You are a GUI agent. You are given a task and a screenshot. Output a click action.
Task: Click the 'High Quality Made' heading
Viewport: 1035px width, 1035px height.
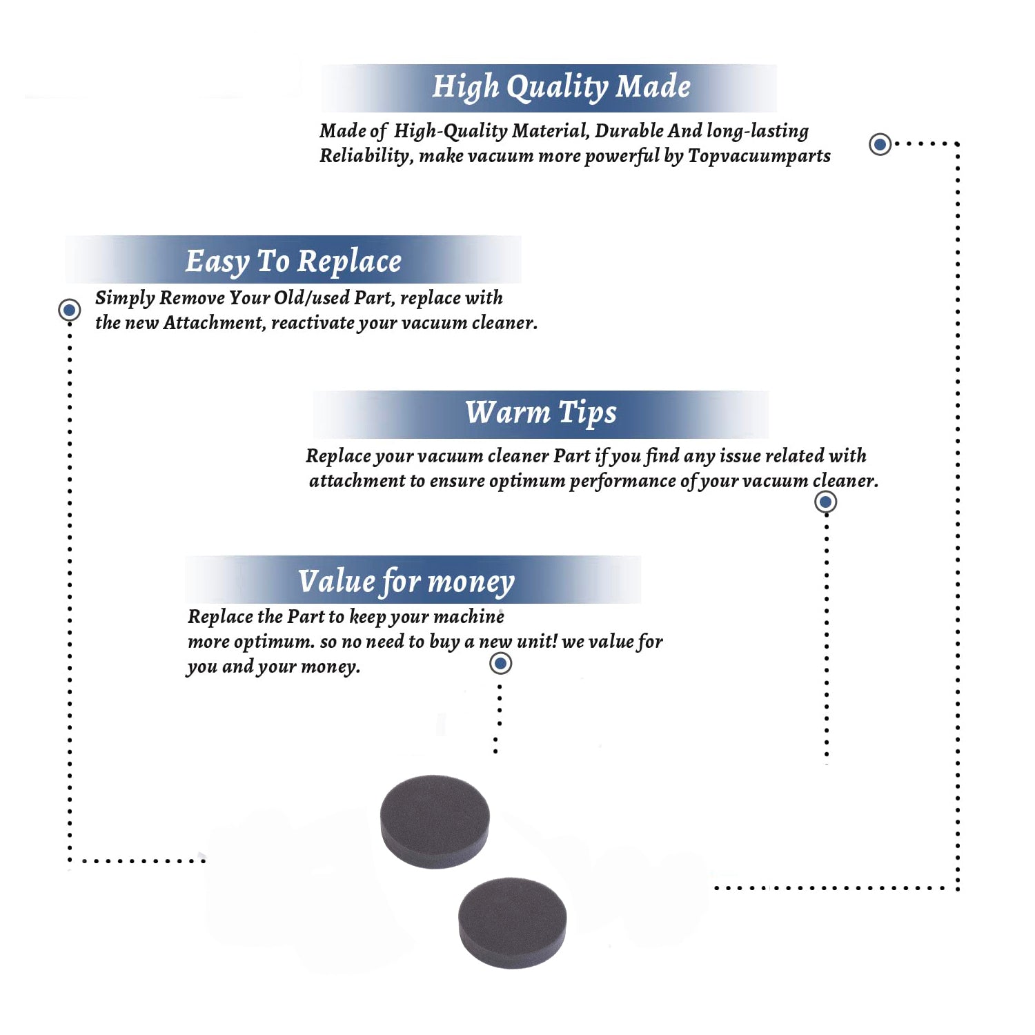pyautogui.click(x=561, y=88)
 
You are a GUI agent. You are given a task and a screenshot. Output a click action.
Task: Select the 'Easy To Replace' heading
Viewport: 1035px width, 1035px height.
pyautogui.click(x=293, y=262)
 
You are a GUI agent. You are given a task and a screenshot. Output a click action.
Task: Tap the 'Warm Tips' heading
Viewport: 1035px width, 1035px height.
pyautogui.click(x=541, y=413)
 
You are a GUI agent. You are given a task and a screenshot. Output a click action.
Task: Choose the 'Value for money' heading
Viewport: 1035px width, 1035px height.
pyautogui.click(x=406, y=582)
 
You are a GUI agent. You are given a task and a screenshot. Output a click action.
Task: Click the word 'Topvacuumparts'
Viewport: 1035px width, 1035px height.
pyautogui.click(x=759, y=157)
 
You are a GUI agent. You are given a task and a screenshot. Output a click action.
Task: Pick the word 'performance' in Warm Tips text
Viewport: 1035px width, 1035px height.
pyautogui.click(x=622, y=482)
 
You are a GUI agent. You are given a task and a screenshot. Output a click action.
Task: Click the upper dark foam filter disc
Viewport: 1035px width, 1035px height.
pyautogui.click(x=435, y=821)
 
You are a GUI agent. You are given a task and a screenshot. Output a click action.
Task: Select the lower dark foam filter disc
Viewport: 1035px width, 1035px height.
pyautogui.click(x=513, y=923)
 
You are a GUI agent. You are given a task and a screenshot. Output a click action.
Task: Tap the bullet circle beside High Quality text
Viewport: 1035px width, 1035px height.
pyautogui.click(x=880, y=144)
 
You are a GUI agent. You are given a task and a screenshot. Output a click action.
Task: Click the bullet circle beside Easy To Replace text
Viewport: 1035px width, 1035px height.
pyautogui.click(x=69, y=310)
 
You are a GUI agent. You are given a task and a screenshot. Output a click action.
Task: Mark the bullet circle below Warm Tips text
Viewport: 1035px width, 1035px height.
pyautogui.click(x=825, y=502)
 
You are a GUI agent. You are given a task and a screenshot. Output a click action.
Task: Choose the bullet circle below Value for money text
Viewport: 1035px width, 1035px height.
pyautogui.click(x=500, y=663)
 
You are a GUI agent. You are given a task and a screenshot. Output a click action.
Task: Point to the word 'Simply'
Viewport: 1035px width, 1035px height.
pyautogui.click(x=125, y=298)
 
